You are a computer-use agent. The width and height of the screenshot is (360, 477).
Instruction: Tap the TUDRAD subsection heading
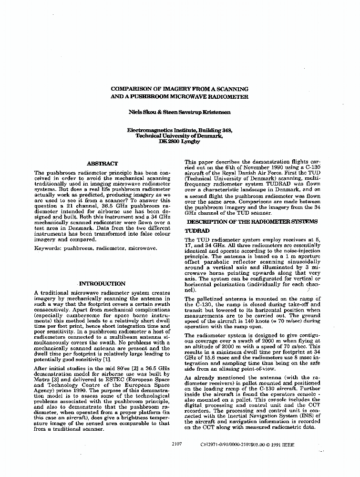click(197, 230)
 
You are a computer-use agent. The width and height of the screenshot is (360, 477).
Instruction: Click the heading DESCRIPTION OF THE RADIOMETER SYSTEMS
click(252, 222)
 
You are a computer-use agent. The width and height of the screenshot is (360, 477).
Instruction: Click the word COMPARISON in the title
click(133, 89)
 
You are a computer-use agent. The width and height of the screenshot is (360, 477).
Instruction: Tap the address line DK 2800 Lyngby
click(179, 142)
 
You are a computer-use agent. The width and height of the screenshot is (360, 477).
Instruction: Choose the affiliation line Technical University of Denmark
click(179, 136)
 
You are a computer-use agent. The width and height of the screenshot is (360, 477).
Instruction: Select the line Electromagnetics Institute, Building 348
click(179, 130)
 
